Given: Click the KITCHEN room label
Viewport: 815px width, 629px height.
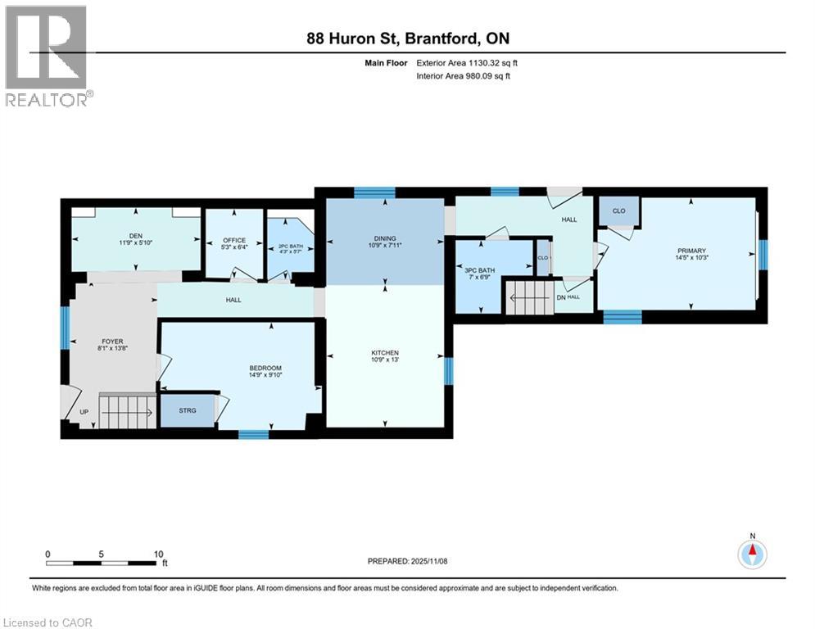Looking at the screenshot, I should click(385, 353).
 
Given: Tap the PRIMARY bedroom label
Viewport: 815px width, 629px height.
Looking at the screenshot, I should click(691, 251).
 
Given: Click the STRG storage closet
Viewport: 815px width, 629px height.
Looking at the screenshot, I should click(188, 410).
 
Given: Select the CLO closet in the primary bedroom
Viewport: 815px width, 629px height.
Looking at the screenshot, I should click(619, 211).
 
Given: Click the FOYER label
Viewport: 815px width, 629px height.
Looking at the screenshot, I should click(112, 342).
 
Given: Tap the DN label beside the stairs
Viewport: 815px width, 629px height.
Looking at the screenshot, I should click(561, 297).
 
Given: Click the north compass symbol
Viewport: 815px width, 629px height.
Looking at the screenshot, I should click(752, 554).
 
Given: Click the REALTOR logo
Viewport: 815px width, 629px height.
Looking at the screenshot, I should click(47, 55).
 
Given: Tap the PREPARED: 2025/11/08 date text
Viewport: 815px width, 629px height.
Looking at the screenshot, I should click(407, 561).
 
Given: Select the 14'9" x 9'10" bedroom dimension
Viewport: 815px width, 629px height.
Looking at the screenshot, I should click(266, 376).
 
